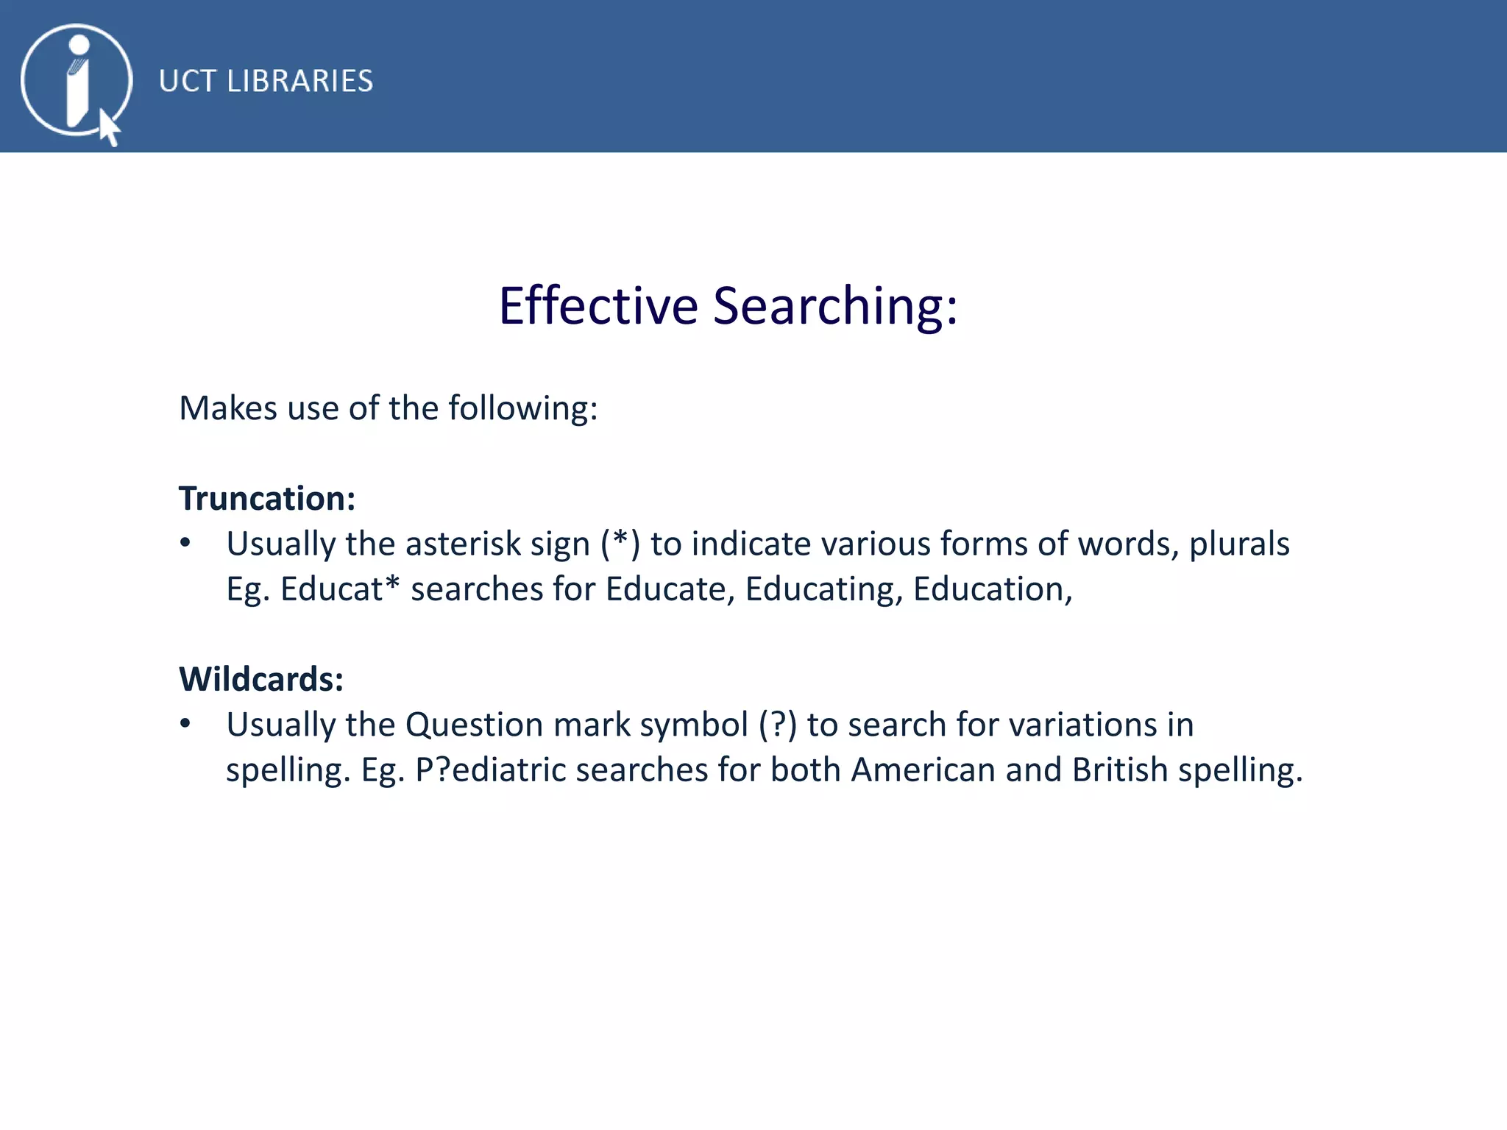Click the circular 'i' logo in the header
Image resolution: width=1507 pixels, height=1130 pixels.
point(76,80)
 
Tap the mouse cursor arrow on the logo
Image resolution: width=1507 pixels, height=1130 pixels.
point(109,128)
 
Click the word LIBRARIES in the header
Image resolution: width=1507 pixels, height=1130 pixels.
point(299,81)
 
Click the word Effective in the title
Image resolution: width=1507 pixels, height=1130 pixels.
point(598,306)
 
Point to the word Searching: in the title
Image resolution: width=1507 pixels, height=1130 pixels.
point(835,306)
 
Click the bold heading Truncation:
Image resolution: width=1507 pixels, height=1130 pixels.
point(267,499)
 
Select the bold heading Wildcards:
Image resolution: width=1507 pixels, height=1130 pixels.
point(261,679)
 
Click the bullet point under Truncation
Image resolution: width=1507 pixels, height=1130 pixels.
point(185,544)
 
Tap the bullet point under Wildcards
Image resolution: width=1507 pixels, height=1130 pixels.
point(185,724)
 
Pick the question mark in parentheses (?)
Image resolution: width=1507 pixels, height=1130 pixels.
point(778,724)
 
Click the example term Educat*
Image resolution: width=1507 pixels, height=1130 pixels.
point(340,589)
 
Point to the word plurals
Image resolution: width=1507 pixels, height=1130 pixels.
point(1239,544)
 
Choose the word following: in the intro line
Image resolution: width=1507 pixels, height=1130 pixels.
point(523,408)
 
